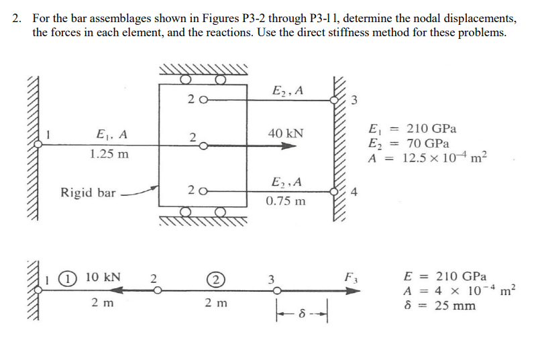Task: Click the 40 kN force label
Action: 286,133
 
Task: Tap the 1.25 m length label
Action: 109,154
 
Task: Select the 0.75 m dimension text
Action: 285,200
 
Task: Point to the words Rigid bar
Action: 88,193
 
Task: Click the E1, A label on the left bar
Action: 110,133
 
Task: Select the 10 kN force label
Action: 103,276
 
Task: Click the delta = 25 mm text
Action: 439,306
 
